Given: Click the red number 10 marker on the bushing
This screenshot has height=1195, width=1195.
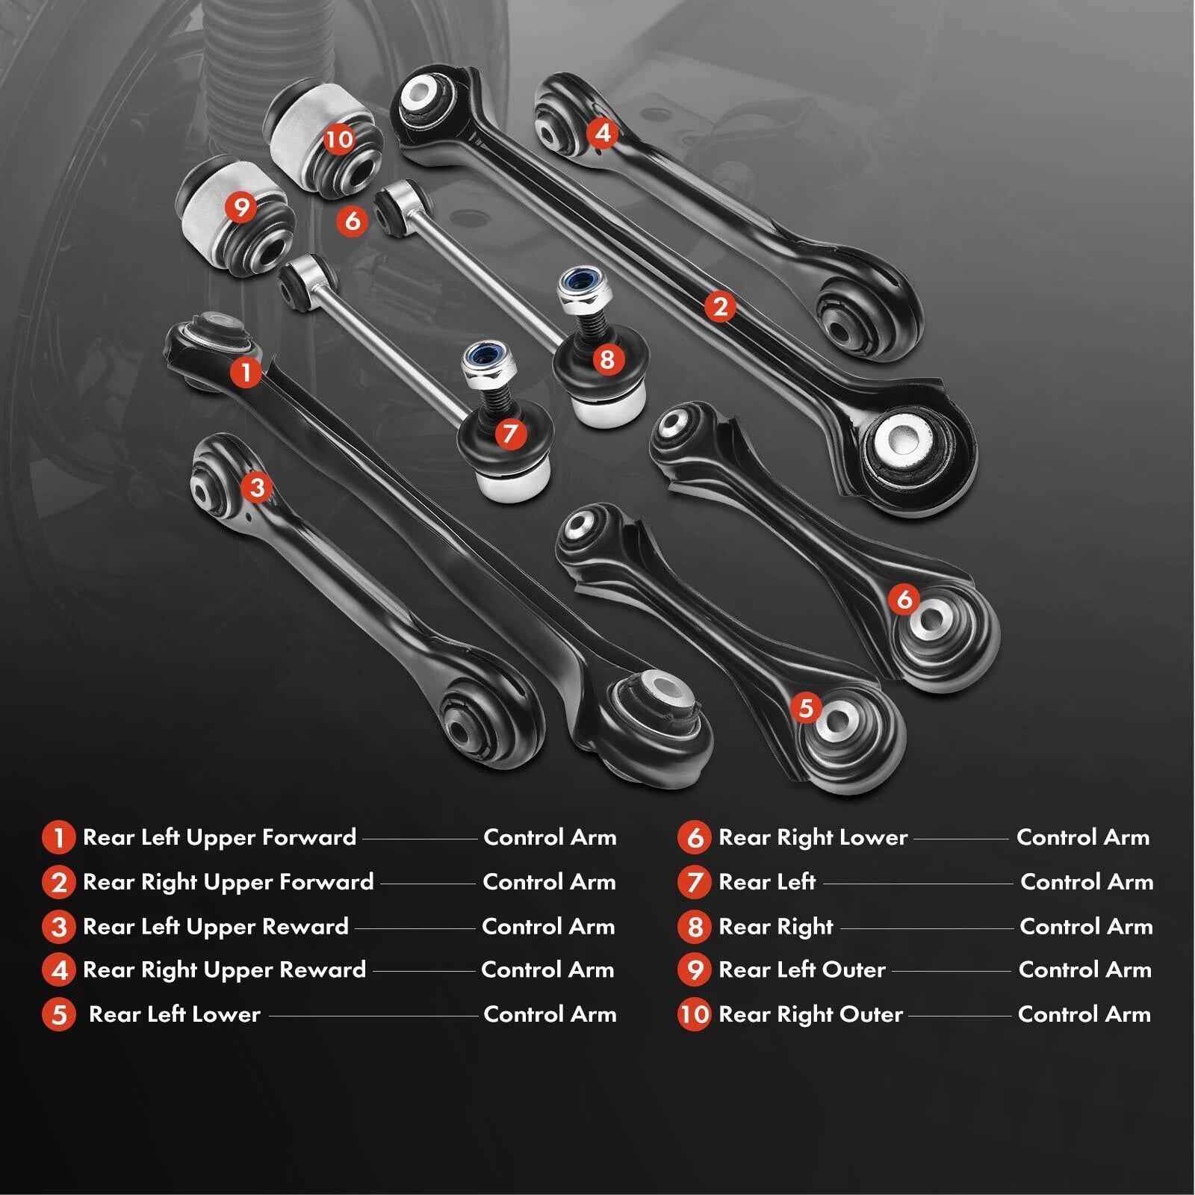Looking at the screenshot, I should [x=338, y=139].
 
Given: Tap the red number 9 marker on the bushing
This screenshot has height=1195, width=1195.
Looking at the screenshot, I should [x=241, y=207].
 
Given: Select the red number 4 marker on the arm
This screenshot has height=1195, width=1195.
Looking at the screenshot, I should [x=602, y=133].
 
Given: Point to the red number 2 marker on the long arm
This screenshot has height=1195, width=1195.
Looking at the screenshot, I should [x=720, y=306].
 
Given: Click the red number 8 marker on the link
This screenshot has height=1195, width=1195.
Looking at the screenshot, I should [x=607, y=359].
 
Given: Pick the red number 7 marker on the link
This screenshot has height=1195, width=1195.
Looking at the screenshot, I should [x=510, y=433].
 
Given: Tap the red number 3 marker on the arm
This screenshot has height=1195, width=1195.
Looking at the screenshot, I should [x=257, y=488].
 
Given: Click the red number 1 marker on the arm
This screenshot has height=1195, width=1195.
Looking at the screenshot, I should [x=246, y=371].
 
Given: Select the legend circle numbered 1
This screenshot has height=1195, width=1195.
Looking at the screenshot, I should [x=58, y=838].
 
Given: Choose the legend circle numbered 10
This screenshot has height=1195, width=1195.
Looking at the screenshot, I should [x=694, y=1014].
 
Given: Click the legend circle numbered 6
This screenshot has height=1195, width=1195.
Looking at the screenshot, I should [x=694, y=838].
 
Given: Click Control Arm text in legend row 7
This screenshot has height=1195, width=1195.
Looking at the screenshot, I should [x=1087, y=882].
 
